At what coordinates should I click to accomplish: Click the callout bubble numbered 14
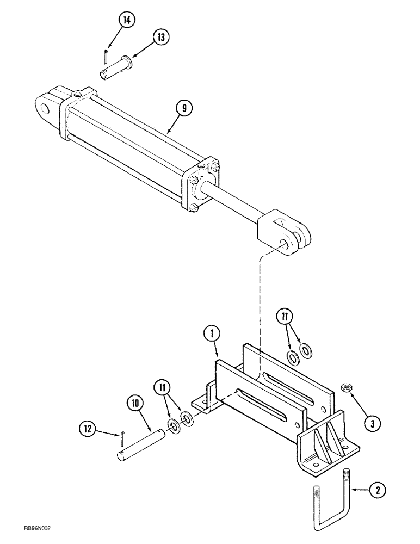127,20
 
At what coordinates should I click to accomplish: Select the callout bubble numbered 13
160,37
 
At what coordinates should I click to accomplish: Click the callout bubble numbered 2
377,490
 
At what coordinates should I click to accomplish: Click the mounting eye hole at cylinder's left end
46,109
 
